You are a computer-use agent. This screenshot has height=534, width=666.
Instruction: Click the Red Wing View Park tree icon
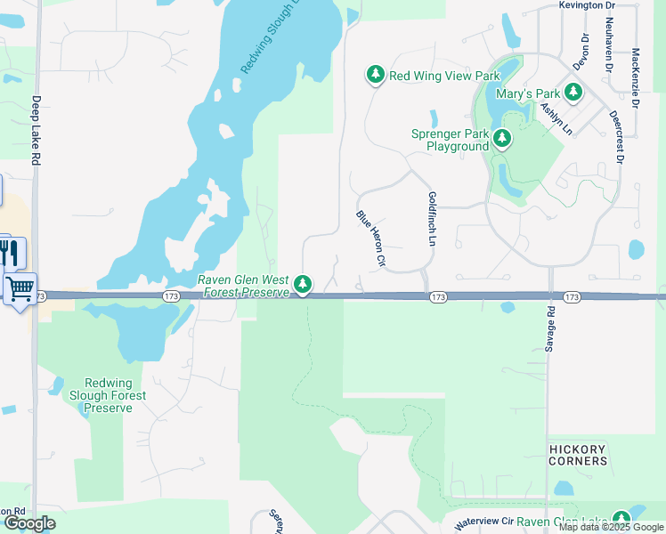tap(376, 76)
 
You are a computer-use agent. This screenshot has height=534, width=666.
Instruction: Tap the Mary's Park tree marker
tap(573, 92)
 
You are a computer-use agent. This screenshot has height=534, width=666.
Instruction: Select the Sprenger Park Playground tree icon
tap(502, 138)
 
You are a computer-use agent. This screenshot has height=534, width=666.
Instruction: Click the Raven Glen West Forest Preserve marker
tap(304, 285)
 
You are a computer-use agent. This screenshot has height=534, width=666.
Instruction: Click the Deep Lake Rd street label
tap(37, 130)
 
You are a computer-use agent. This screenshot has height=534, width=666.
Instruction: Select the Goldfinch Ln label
tap(432, 218)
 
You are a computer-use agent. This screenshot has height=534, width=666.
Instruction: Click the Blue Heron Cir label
tap(370, 239)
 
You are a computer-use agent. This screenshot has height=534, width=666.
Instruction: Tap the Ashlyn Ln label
tap(556, 118)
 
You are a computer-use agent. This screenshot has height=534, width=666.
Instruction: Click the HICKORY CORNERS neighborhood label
tap(577, 455)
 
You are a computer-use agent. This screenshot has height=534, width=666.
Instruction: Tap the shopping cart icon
tap(20, 288)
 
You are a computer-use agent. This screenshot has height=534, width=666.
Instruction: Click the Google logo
tap(29, 523)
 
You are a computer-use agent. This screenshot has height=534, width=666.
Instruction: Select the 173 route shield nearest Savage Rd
tap(572, 296)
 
